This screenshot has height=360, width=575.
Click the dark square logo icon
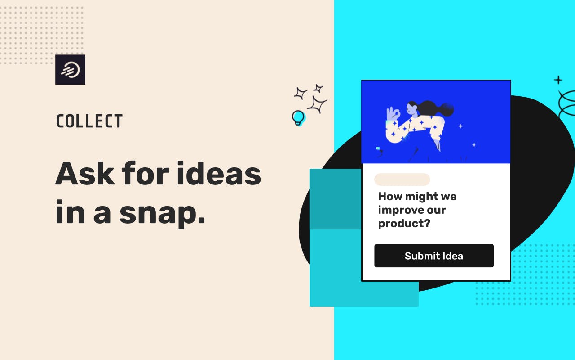point(71,69)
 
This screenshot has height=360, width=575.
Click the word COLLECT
point(89,121)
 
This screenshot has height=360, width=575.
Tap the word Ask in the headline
point(85,174)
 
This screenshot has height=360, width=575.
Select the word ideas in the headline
point(219,173)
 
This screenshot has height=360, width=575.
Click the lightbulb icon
point(298,118)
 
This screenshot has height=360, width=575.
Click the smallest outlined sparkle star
point(318,89)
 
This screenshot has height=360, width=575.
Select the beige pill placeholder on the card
point(402,180)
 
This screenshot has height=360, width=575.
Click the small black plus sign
point(558,80)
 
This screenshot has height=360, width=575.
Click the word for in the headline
point(145,173)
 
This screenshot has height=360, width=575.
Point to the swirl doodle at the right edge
point(566,103)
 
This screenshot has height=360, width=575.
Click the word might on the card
point(421,197)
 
